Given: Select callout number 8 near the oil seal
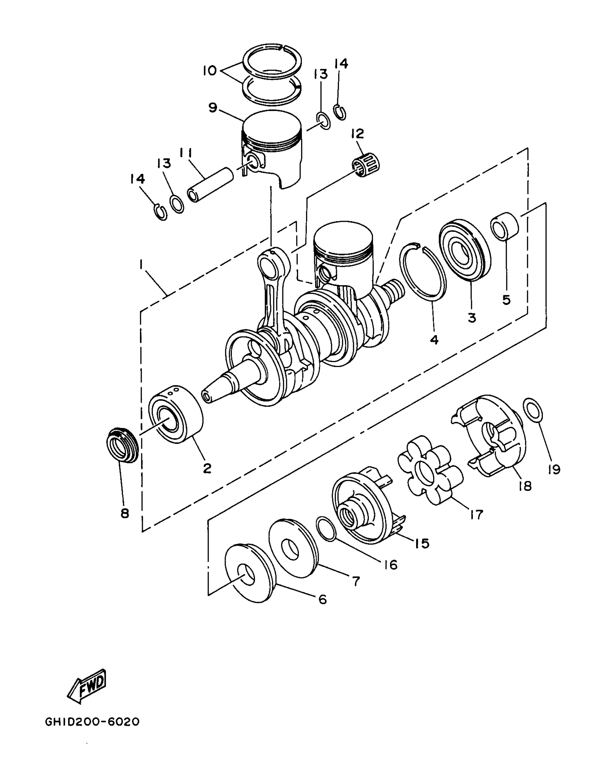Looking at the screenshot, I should [124, 513].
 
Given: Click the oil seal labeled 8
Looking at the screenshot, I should [122, 445].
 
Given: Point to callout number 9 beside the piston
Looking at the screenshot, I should [213, 108].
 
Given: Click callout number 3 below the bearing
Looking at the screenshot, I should [472, 317].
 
